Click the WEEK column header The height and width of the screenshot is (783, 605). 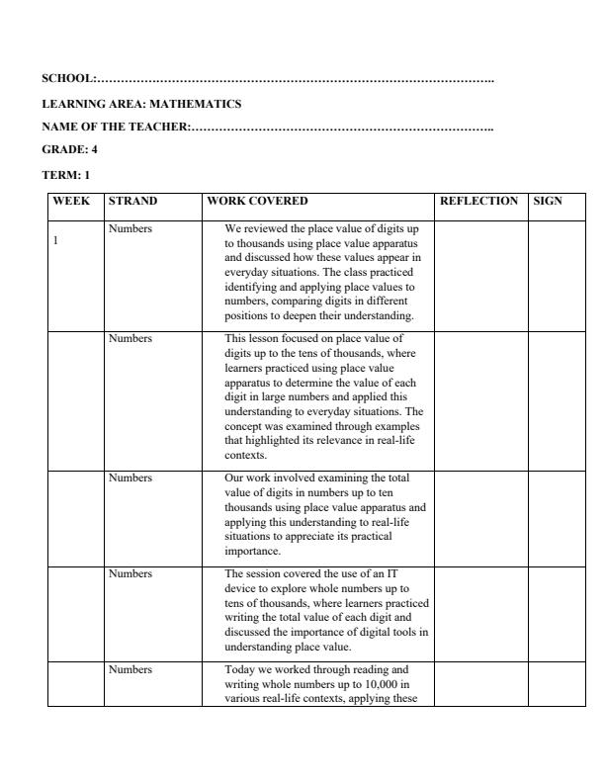point(71,201)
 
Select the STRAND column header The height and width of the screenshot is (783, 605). point(132,201)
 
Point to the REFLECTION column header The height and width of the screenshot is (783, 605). point(478,201)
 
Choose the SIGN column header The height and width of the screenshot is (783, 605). point(548,201)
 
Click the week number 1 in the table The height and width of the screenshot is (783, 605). point(56,241)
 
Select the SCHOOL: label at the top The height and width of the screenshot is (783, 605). point(69,78)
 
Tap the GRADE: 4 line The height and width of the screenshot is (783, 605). point(69,149)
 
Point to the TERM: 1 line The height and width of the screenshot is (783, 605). point(66,174)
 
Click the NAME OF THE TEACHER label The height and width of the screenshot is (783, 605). point(116,127)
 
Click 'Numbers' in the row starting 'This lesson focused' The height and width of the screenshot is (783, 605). point(130,338)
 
